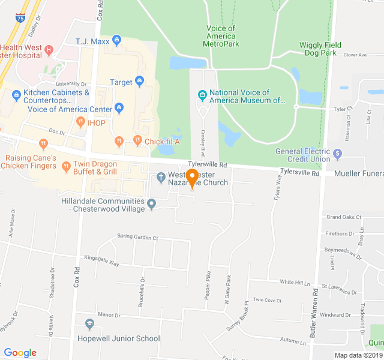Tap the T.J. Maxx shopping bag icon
pos(116,41)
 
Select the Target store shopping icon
pos(139,81)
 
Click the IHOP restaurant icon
pos(80,123)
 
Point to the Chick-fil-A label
pos(162,141)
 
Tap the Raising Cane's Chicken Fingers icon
pos(43,144)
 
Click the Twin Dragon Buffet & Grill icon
pos(66,167)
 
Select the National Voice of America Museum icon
pos(202,95)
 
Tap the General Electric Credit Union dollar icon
pos(338,154)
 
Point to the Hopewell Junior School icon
pos(89,325)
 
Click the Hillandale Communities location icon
pos(152,205)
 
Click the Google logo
pos(20,353)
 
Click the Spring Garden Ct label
pos(137,238)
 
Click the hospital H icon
pos(49,49)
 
